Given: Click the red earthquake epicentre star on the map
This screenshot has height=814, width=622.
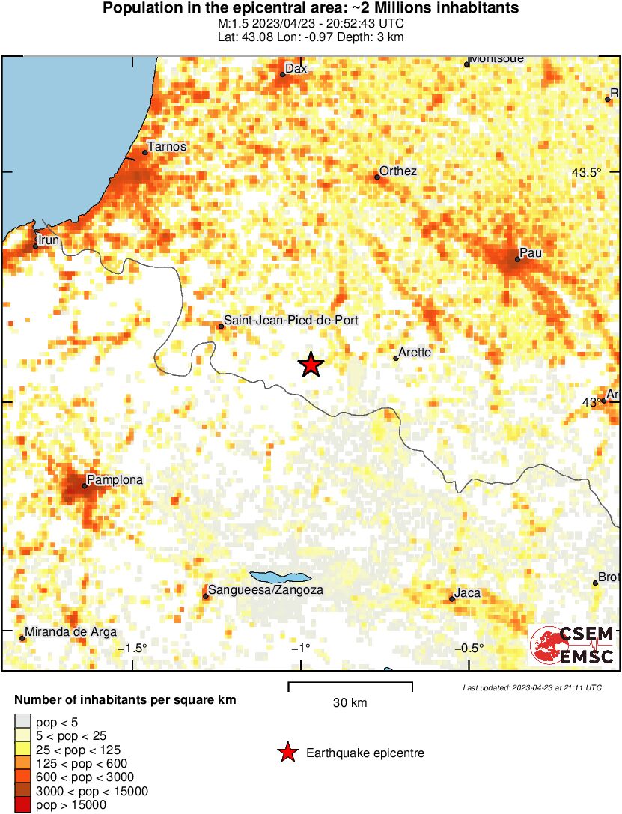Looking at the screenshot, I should pos(311,365).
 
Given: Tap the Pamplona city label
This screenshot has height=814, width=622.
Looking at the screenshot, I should pos(115,479).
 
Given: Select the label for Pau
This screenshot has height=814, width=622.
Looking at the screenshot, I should pos(530,253).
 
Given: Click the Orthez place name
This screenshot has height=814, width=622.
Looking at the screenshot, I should pos(397,171).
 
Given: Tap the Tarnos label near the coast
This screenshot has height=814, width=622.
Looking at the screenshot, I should pos(167,147).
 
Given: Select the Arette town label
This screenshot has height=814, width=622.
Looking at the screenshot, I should pos(415,352).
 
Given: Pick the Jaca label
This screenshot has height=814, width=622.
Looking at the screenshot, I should pos(467,593).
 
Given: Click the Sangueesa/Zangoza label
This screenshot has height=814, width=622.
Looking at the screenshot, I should pos(265,590).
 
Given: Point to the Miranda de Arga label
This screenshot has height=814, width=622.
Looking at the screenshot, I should pos(72,632).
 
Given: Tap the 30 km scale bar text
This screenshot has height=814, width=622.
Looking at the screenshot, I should pos(350,702).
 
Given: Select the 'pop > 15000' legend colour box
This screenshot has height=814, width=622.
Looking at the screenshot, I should pos(22,805).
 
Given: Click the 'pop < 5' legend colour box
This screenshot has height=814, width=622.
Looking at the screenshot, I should pos(22,722).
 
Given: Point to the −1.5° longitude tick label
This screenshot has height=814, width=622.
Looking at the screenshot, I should pos(135,648).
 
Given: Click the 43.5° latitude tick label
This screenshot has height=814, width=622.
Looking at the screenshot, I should pos(586,172).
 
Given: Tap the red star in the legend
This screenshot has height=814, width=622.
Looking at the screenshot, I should pos(287,753).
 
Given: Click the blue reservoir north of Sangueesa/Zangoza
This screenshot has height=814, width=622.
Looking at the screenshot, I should pos(279,577).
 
